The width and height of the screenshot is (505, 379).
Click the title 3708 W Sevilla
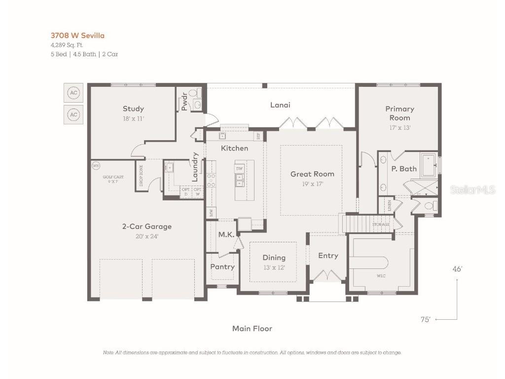coord(78,36)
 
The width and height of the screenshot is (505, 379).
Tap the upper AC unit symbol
coord(73,93)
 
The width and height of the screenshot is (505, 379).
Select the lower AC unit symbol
coord(73,115)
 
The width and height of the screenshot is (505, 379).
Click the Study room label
coord(133,109)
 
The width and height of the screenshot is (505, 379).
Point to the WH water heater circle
coord(96,166)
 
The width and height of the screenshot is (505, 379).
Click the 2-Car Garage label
coord(147,227)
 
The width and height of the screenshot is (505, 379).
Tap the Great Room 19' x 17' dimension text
coord(312,184)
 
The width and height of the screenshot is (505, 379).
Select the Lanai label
coord(280,105)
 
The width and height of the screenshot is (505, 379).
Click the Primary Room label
coord(399,113)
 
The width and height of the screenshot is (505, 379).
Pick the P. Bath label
coord(404,169)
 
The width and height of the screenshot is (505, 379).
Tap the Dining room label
coord(274,258)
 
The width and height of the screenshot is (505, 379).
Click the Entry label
coord(328,255)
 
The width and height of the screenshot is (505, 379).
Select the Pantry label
coord(222,266)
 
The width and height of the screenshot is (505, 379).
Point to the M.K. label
coord(226,235)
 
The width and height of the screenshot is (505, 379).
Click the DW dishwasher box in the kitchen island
coord(239,169)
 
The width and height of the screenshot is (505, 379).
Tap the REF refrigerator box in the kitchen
coord(257,136)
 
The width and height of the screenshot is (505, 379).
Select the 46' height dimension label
coord(457,269)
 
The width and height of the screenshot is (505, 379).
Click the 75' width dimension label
coord(425,319)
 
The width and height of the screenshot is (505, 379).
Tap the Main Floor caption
coord(252,328)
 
